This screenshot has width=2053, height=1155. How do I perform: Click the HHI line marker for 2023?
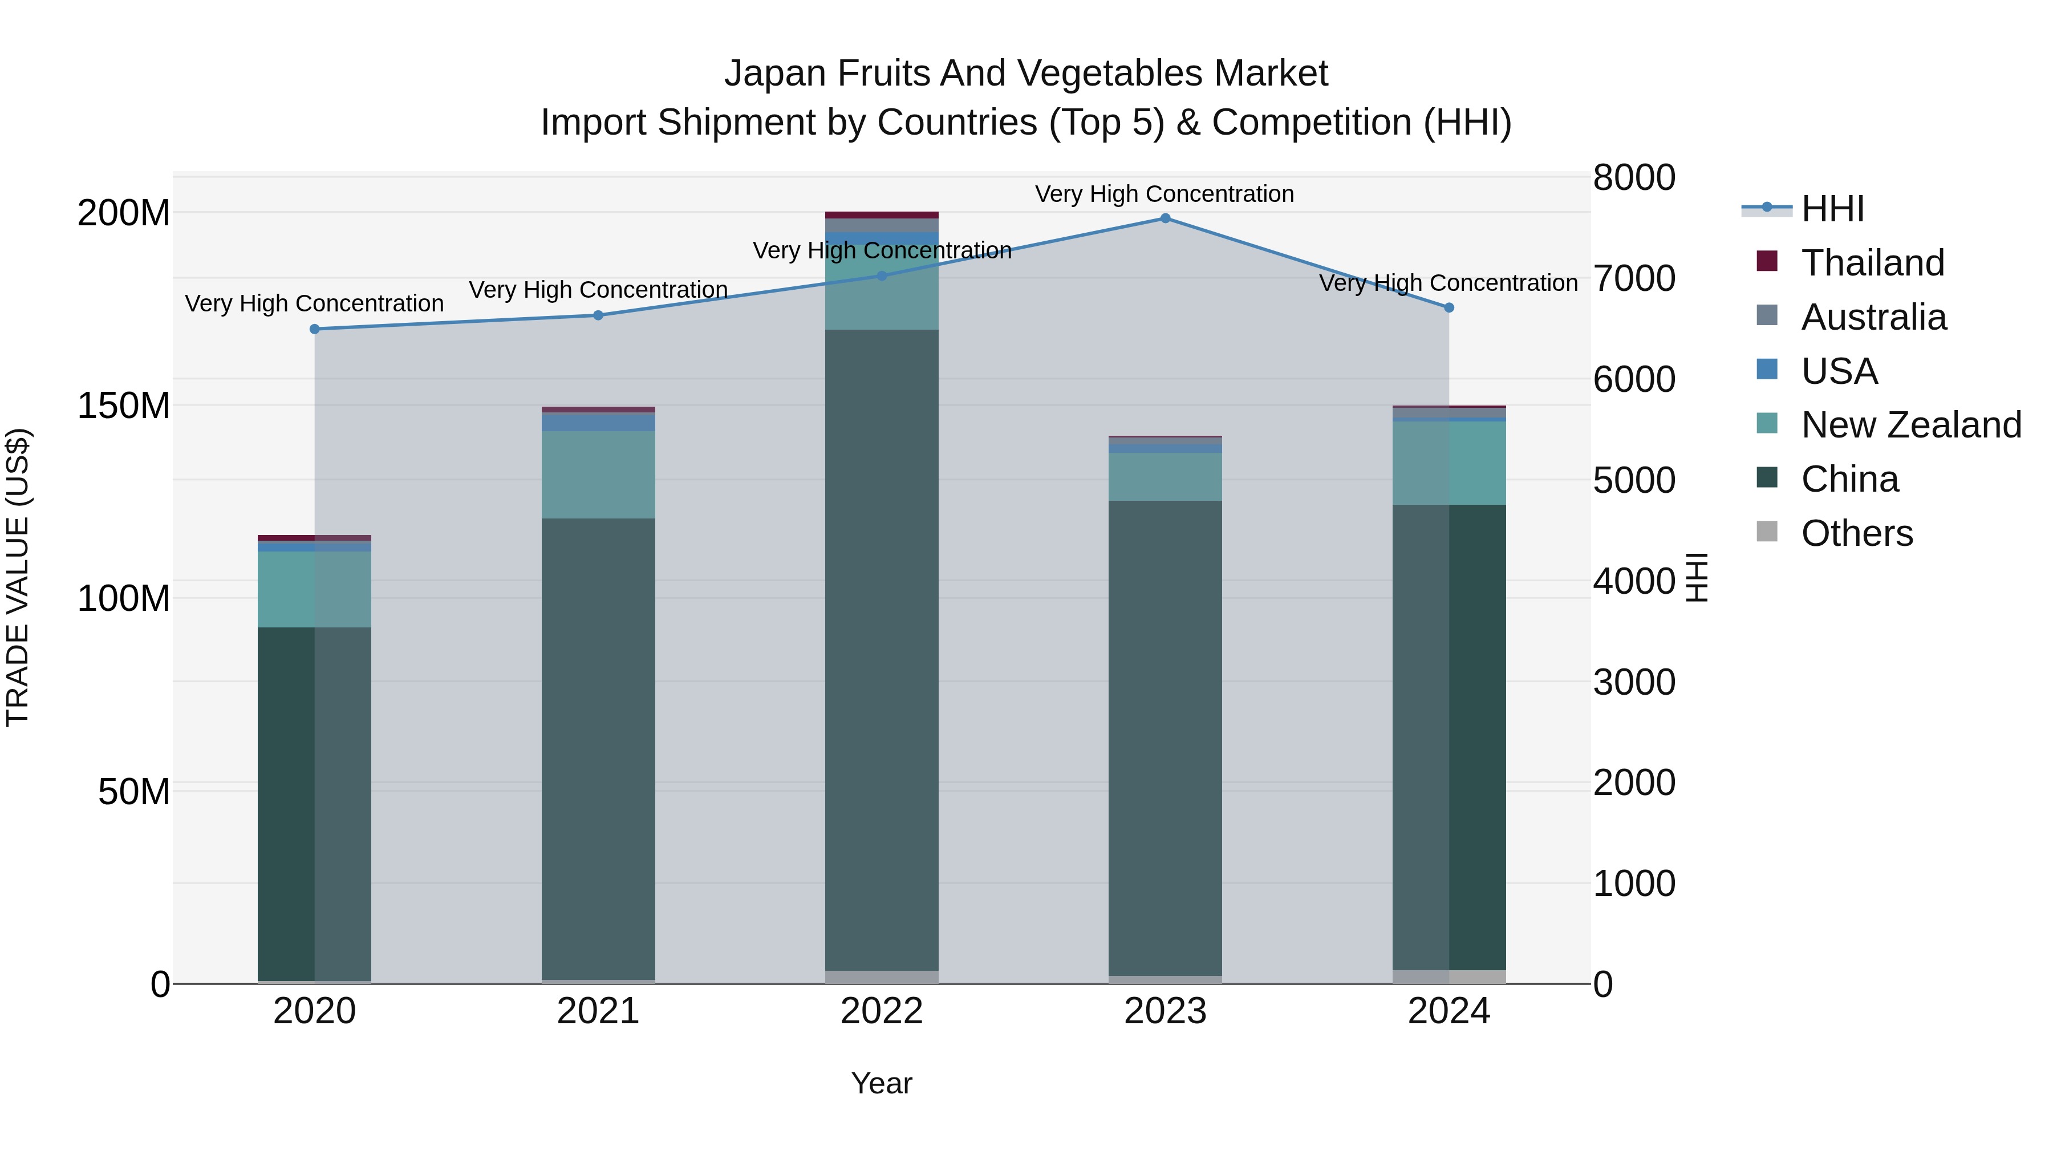click(x=1165, y=218)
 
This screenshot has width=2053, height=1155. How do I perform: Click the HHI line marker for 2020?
click(x=315, y=329)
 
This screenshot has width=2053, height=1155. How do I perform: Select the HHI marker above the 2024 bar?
click(x=1449, y=307)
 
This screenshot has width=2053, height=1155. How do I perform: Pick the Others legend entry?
click(x=1856, y=533)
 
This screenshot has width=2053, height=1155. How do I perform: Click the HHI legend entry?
click(x=1831, y=209)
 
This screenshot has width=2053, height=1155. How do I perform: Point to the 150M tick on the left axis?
click(x=124, y=406)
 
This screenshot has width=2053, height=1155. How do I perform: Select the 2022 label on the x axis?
click(x=882, y=1011)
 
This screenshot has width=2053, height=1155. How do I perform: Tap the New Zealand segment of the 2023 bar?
click(x=1165, y=477)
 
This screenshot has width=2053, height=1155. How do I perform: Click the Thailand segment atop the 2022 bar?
click(x=882, y=215)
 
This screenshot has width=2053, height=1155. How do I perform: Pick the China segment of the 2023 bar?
click(x=1165, y=737)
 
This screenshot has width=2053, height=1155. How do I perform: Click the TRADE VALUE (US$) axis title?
click(x=18, y=577)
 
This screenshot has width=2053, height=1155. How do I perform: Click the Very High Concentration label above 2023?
click(x=1165, y=194)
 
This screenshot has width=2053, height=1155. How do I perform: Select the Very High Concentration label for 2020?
click(x=314, y=303)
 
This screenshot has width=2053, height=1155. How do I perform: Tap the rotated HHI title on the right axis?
click(x=1698, y=577)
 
